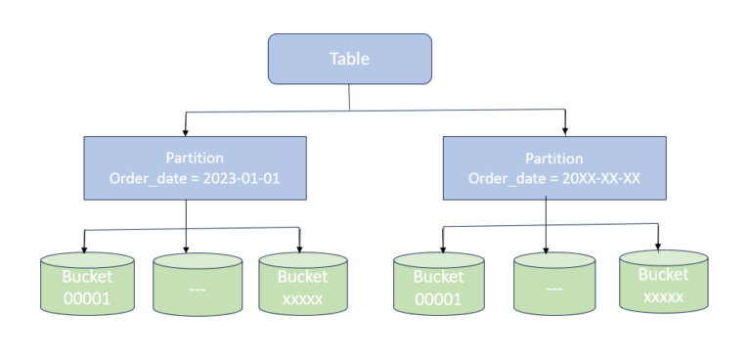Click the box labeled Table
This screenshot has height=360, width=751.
(x=349, y=59)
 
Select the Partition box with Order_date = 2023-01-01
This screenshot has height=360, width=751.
(x=196, y=167)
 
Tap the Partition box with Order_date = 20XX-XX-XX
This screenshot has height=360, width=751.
(x=554, y=167)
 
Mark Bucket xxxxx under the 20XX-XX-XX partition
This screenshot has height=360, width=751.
(x=663, y=285)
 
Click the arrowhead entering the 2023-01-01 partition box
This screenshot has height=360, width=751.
(x=186, y=131)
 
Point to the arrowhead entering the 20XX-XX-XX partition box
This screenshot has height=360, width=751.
(x=566, y=131)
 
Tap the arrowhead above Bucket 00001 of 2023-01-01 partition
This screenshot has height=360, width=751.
(x=85, y=247)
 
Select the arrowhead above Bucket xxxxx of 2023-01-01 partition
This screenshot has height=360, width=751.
(x=299, y=247)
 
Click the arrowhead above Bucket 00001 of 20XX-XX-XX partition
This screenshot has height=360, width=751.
(x=443, y=245)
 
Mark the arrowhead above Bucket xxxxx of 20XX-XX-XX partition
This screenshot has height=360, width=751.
(x=658, y=243)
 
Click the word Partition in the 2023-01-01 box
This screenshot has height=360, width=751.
(x=196, y=157)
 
